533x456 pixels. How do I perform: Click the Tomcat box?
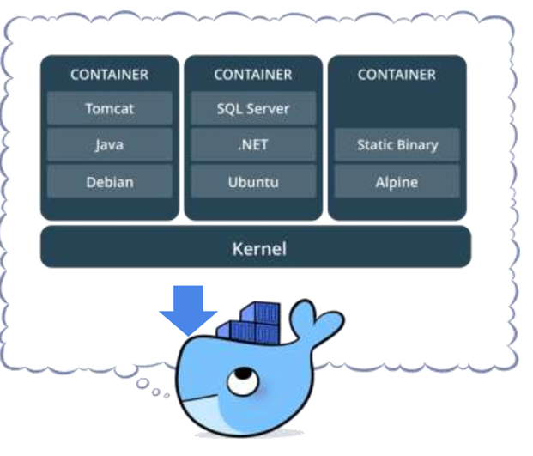[x=109, y=109]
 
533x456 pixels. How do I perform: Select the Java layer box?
[x=109, y=145]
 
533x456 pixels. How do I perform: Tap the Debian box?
[x=109, y=182]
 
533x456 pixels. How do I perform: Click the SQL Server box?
[x=253, y=109]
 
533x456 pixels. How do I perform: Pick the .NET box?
[x=253, y=145]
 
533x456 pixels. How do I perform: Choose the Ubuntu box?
[x=253, y=182]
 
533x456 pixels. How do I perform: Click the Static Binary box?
[x=397, y=145]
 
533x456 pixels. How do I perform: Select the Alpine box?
[x=397, y=182]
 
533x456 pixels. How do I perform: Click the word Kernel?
[x=258, y=249]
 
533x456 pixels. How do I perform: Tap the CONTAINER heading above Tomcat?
[x=109, y=75]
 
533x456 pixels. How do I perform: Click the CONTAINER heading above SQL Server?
[x=253, y=75]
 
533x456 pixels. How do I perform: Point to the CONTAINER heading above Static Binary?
[x=397, y=75]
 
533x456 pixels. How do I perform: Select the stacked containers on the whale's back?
[x=249, y=327]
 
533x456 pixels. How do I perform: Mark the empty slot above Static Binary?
[x=397, y=109]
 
